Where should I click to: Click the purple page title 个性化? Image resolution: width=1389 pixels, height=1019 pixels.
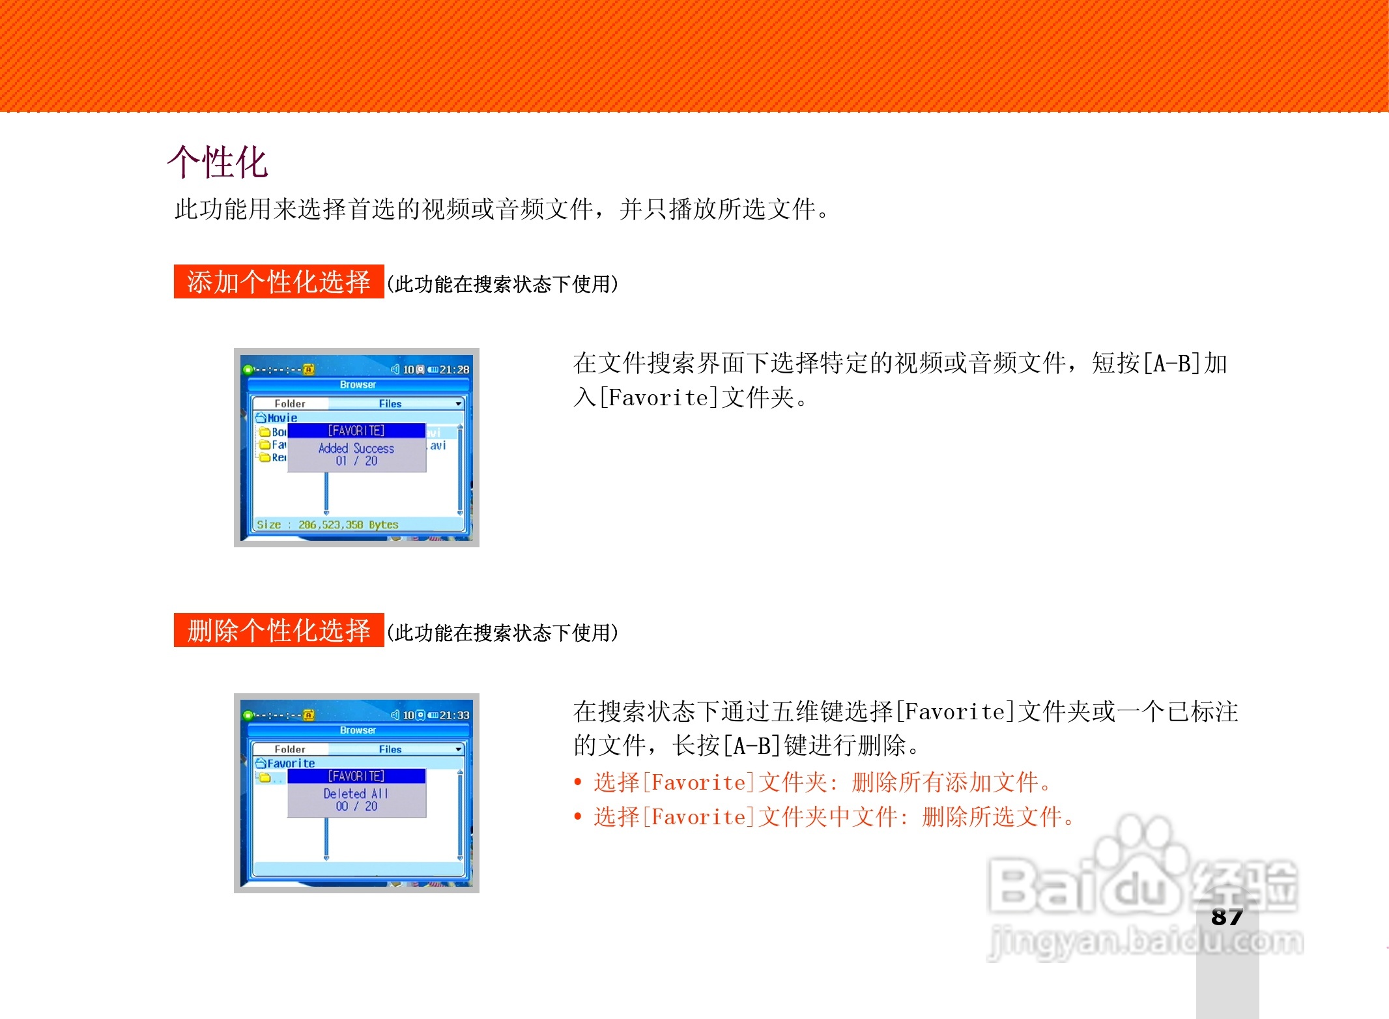coord(218,162)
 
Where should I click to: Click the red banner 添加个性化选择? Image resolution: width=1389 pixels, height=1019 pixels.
coord(278,282)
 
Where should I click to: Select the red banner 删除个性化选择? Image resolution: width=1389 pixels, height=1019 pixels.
coord(278,631)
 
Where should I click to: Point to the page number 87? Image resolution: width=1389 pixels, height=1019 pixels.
coord(1227,917)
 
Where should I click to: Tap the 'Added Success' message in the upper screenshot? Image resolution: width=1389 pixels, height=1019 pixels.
coord(356,448)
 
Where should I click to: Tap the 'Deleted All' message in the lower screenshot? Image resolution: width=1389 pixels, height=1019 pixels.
coord(356,794)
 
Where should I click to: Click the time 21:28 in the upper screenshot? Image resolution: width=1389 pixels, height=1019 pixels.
coord(454,369)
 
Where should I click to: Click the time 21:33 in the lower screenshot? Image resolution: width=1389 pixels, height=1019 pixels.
coord(454,715)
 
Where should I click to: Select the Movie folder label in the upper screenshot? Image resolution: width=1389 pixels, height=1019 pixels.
coord(281,418)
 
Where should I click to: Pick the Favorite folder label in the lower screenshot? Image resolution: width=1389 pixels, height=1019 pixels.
coord(291,763)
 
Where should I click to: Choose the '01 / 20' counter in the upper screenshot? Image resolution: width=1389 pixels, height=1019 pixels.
coord(356,461)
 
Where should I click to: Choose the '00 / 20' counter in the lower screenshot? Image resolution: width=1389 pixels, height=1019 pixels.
coord(356,807)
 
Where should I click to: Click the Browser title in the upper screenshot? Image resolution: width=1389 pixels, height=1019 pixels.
coord(358,384)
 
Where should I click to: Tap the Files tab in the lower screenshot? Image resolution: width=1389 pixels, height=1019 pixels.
coord(390,749)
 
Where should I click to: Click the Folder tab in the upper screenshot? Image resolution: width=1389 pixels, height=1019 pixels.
coord(290,404)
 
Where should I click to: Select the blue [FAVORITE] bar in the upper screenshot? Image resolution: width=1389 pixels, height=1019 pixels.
coord(356,431)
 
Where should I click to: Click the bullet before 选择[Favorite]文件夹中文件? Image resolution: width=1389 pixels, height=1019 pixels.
coord(578,817)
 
